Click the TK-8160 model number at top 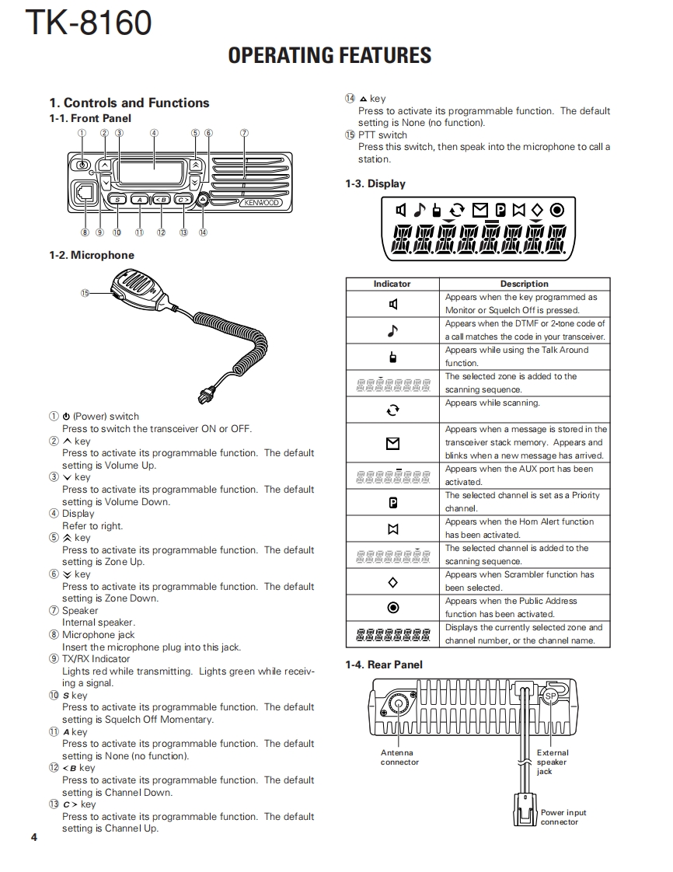(x=88, y=23)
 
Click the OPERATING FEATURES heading (x=330, y=55)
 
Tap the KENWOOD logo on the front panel (x=260, y=203)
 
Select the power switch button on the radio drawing (x=81, y=165)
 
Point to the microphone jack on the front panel (x=83, y=193)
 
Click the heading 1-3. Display (x=375, y=184)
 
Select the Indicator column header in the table (x=392, y=284)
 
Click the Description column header (x=524, y=284)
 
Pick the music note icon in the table (x=392, y=331)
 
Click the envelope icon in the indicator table (x=392, y=443)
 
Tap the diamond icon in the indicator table (x=392, y=582)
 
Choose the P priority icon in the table (x=392, y=503)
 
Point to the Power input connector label (x=563, y=817)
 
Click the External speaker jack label (x=553, y=762)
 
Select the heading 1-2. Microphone (x=92, y=255)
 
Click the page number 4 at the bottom (x=34, y=837)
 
